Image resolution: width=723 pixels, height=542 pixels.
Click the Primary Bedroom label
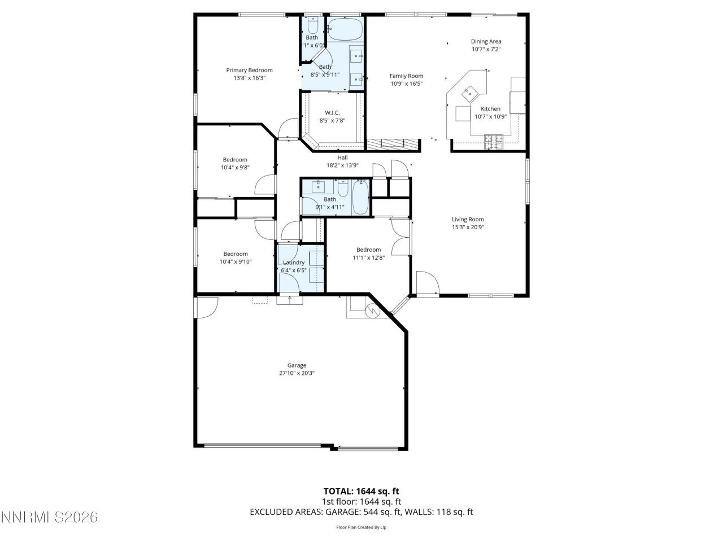[x=249, y=70]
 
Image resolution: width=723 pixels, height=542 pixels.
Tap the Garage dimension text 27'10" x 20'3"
[x=297, y=373]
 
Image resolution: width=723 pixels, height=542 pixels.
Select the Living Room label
[x=468, y=220]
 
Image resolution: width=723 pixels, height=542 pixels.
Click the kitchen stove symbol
[x=493, y=142]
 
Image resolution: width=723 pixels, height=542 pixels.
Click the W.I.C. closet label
[x=332, y=112]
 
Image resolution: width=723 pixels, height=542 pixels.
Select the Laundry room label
[x=294, y=263]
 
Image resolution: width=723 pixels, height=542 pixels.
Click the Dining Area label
[x=486, y=41]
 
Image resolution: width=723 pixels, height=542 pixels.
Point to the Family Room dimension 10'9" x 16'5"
[x=406, y=84]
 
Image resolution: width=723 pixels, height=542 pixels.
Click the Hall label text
[x=342, y=158]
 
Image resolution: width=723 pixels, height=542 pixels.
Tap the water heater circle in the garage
[x=373, y=311]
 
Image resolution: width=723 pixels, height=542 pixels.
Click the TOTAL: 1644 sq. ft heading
[x=361, y=491]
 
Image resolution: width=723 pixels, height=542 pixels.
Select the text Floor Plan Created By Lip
[x=361, y=527]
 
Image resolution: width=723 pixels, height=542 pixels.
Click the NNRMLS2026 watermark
[x=50, y=517]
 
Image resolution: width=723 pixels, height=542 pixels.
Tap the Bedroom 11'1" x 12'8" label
[x=368, y=250]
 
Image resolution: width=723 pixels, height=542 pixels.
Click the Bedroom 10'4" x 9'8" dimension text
[x=234, y=167]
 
